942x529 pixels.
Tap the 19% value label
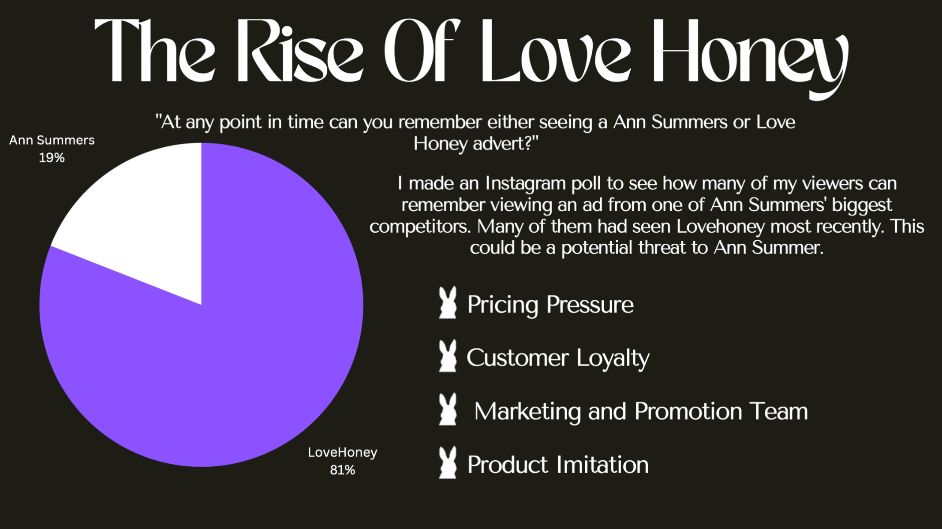coord(52,158)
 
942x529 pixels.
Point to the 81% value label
coord(343,470)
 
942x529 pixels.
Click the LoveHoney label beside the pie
coord(343,453)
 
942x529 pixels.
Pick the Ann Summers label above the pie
coord(52,140)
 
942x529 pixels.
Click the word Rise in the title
coord(300,51)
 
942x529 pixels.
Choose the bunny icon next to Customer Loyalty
coord(448,356)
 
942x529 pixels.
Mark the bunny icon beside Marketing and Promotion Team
coord(448,409)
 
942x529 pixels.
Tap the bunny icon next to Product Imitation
coord(448,462)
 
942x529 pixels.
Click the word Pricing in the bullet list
coord(503,305)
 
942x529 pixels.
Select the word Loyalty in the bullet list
coord(613,358)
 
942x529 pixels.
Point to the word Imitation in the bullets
coord(602,465)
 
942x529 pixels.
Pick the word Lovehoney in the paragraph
coord(721,227)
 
